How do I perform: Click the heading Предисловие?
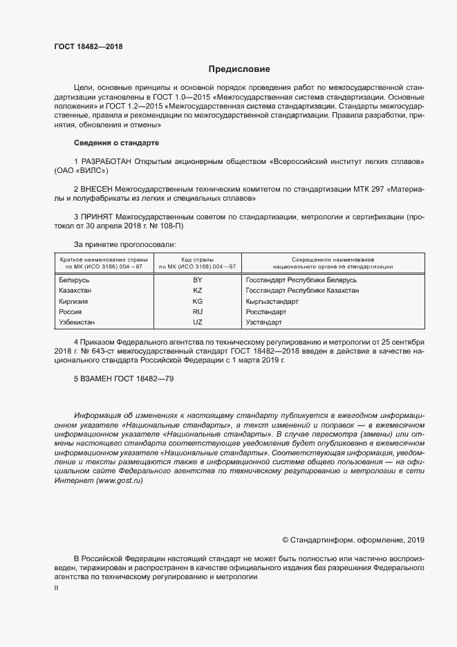pos(240,69)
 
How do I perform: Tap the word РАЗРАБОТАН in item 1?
pos(106,161)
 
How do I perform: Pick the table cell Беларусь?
pos(75,280)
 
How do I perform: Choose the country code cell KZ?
pos(198,291)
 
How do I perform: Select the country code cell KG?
pos(198,302)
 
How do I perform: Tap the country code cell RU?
pos(198,313)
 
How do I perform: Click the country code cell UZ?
pos(198,323)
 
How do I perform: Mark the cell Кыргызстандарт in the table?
pos(272,302)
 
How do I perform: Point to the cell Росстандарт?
pos(266,313)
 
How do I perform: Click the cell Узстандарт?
pos(264,323)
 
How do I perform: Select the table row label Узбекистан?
pos(77,323)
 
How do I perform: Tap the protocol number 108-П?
pos(169,227)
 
